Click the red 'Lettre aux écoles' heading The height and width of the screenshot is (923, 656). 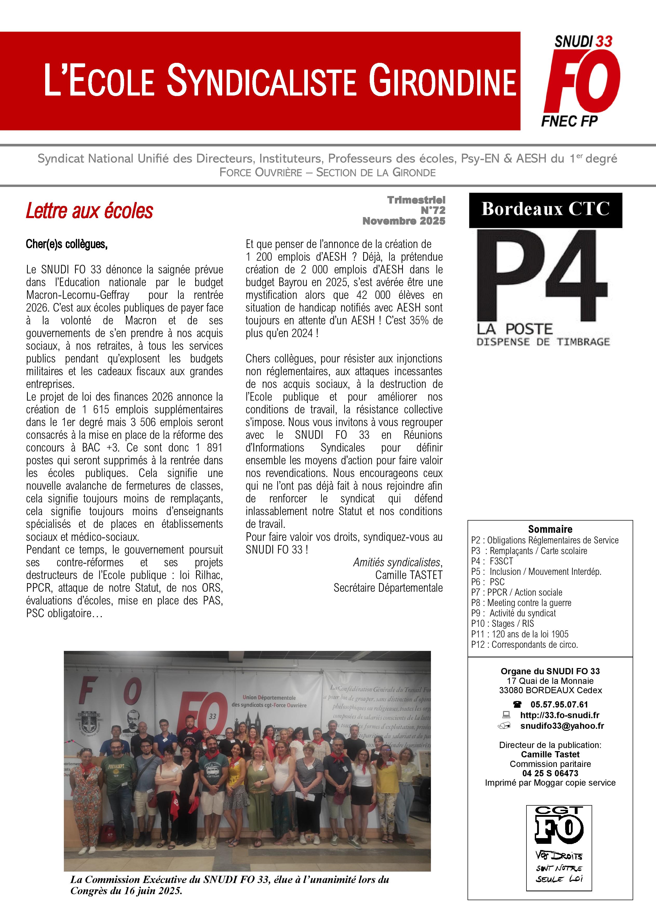tap(89, 211)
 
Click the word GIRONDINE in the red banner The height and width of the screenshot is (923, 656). tap(442, 82)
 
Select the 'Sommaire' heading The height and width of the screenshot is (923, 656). tap(550, 529)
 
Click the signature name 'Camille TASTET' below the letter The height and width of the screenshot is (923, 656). tap(409, 575)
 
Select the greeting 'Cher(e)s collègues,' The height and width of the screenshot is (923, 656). tap(67, 244)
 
